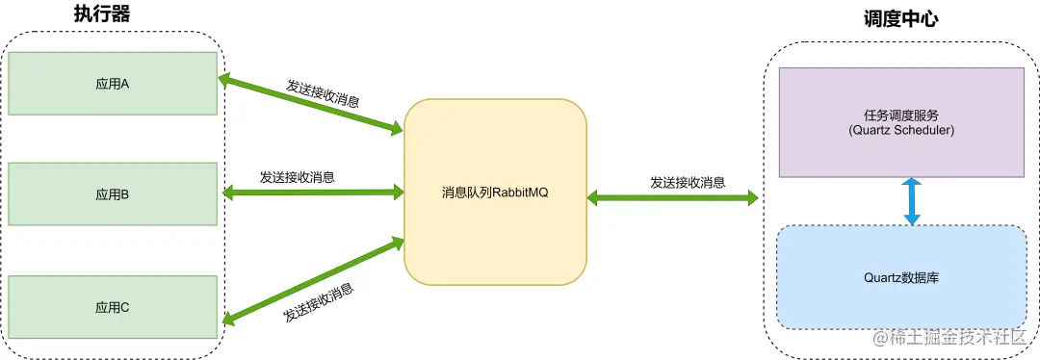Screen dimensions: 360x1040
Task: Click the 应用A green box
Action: click(x=112, y=84)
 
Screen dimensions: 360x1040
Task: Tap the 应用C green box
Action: click(x=112, y=307)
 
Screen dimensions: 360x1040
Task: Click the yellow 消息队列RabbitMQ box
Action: click(x=495, y=193)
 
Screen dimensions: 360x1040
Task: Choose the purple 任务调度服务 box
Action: click(x=900, y=122)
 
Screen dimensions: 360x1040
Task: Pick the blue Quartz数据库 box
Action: click(x=900, y=277)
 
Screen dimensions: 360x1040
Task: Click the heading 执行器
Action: click(x=101, y=14)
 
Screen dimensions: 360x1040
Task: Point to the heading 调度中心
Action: click(x=901, y=18)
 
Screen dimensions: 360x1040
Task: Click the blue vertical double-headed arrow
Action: click(x=912, y=201)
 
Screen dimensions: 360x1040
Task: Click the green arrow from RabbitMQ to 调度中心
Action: click(x=672, y=198)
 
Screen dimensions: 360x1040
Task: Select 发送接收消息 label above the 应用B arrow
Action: click(x=297, y=177)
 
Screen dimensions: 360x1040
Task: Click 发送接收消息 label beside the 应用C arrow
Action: click(x=318, y=301)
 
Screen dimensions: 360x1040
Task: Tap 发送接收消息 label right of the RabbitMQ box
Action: click(x=688, y=182)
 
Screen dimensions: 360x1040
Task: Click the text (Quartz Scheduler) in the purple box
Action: click(x=901, y=130)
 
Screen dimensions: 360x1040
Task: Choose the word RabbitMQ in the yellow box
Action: click(x=525, y=193)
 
